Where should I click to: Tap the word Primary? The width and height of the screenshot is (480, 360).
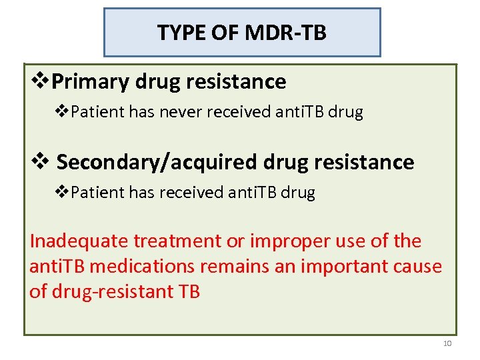tap(91, 81)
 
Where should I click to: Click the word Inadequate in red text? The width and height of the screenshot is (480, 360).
tap(80, 241)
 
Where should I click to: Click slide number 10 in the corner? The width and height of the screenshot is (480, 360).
tap(447, 343)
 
